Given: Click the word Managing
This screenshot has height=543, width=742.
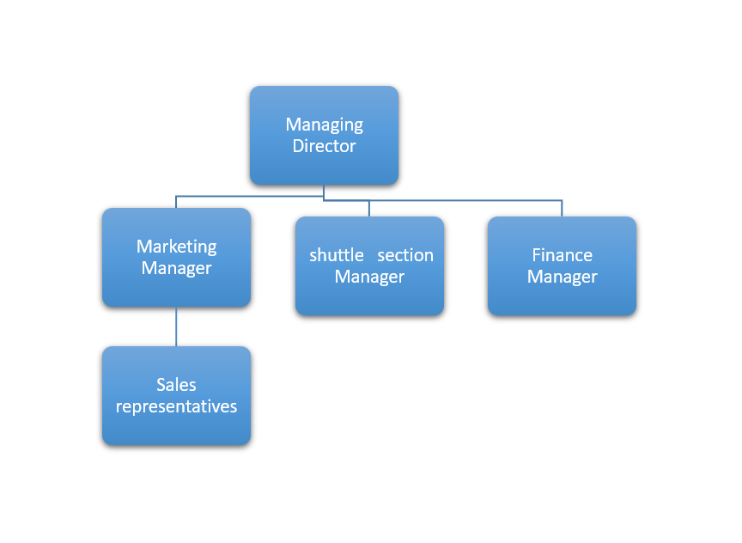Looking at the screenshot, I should [324, 125].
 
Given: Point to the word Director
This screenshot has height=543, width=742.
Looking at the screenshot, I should [324, 146].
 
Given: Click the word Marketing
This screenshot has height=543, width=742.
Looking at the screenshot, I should [176, 247].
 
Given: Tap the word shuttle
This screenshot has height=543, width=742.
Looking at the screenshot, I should [337, 255].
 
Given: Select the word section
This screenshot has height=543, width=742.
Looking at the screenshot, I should [405, 255].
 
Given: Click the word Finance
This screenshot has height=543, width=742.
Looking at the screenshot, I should [562, 255].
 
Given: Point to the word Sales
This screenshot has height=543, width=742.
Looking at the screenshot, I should [176, 385].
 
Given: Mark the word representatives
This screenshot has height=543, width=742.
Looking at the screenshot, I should [176, 406].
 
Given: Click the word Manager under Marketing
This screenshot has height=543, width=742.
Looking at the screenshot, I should [176, 268].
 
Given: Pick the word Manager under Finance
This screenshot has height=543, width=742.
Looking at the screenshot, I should [562, 277].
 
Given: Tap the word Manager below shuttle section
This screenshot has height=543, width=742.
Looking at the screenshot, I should [369, 277].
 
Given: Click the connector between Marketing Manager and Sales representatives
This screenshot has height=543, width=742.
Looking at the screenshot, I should [176, 326].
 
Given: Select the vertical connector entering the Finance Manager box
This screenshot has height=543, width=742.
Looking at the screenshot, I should [562, 209].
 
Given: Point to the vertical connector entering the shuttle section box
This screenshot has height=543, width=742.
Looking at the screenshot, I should [369, 209].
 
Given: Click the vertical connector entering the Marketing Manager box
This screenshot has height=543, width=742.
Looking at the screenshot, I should [176, 202].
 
